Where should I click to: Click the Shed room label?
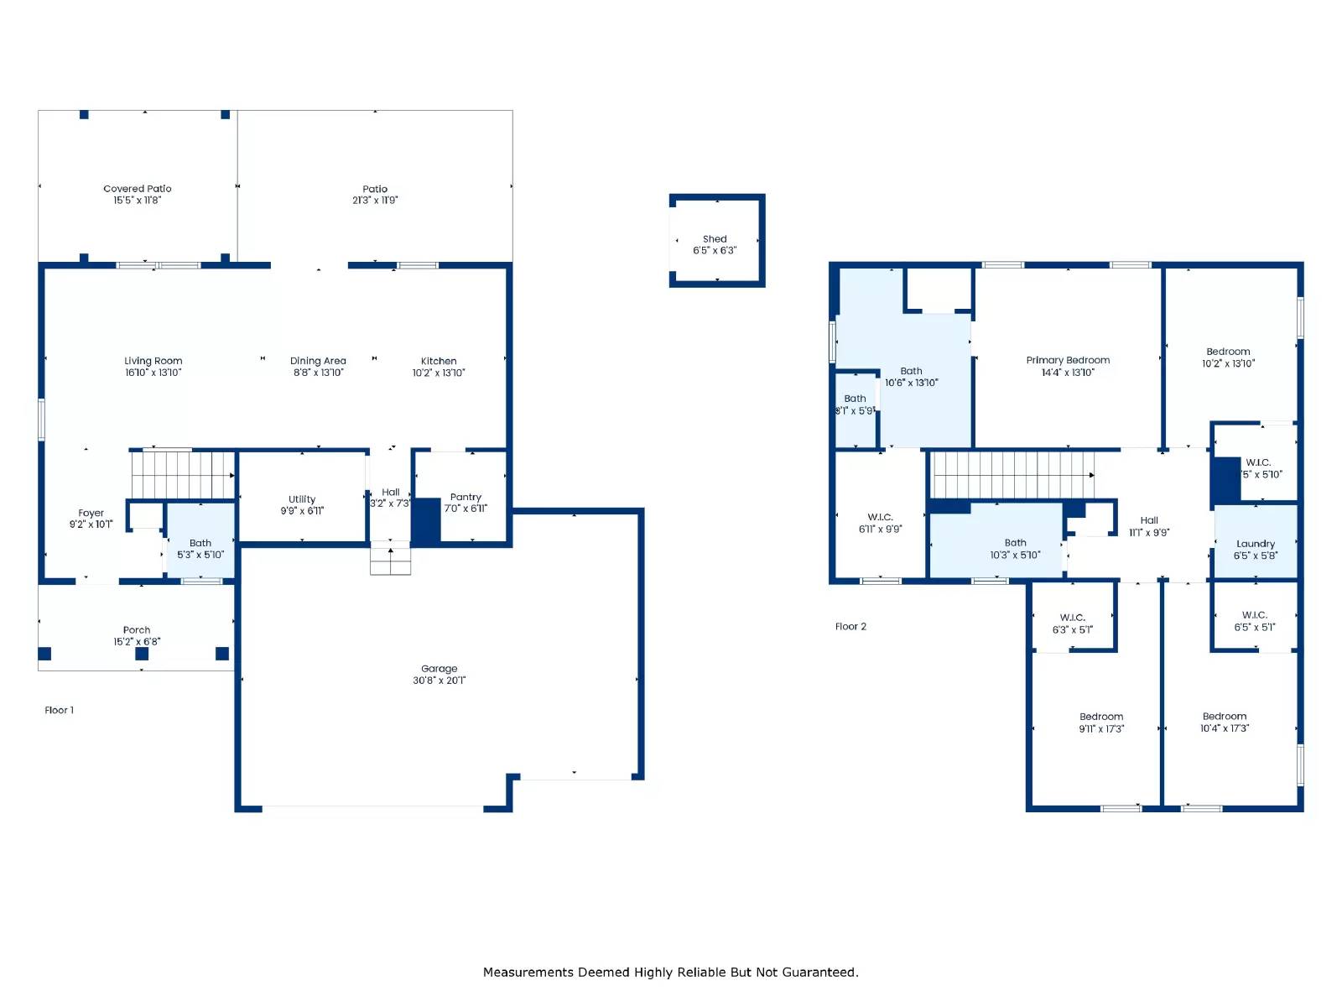tap(715, 239)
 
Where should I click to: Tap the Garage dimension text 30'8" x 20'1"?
tap(439, 681)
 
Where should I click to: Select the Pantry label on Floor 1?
tap(466, 497)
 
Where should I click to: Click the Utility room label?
tap(302, 499)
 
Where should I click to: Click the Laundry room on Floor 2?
tap(1255, 544)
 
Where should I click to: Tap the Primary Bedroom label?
tap(1068, 360)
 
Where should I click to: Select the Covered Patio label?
tap(138, 189)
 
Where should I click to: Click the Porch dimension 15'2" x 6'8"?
tap(137, 642)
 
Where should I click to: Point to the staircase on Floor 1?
tap(183, 475)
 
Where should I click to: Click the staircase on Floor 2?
tap(1013, 475)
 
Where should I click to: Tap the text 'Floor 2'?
tap(850, 627)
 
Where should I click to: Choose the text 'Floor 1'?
tap(59, 710)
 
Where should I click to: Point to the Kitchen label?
tap(439, 361)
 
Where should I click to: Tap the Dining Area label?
tap(318, 361)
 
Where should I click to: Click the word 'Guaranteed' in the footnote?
tap(819, 972)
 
